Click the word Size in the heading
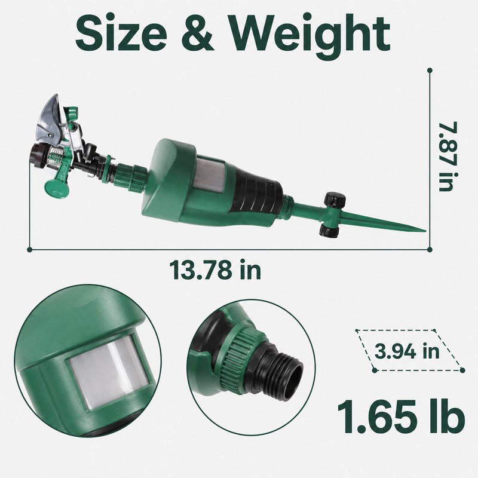[121, 33]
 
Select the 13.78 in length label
[215, 269]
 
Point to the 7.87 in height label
[448, 156]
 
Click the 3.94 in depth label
[407, 351]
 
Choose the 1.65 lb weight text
[401, 416]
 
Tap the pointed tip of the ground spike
[425, 231]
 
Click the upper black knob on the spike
[335, 200]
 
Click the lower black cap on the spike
[329, 230]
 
